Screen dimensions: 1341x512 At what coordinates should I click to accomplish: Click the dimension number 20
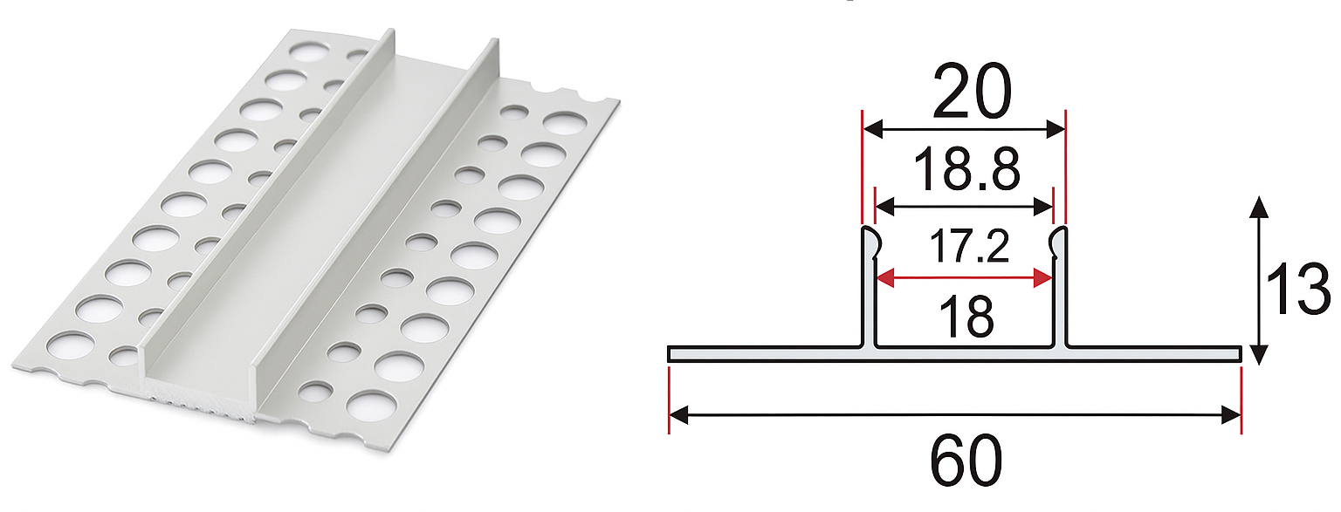tap(972, 91)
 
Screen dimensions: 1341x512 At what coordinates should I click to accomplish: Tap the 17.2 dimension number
tap(969, 246)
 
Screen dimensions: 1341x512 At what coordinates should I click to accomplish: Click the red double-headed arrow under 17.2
tap(964, 278)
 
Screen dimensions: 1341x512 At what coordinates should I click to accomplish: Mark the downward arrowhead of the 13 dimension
tap(1260, 355)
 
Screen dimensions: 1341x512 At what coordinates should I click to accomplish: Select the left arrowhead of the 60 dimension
tap(679, 415)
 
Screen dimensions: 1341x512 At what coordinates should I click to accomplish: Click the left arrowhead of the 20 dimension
tap(873, 128)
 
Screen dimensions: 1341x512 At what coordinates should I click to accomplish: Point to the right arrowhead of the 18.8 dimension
tap(1042, 207)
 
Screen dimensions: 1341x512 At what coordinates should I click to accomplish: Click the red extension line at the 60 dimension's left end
tap(669, 399)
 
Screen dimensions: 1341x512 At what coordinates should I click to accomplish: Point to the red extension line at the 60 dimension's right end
tap(1241, 399)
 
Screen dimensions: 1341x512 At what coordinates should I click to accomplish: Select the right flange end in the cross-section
tap(1239, 353)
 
